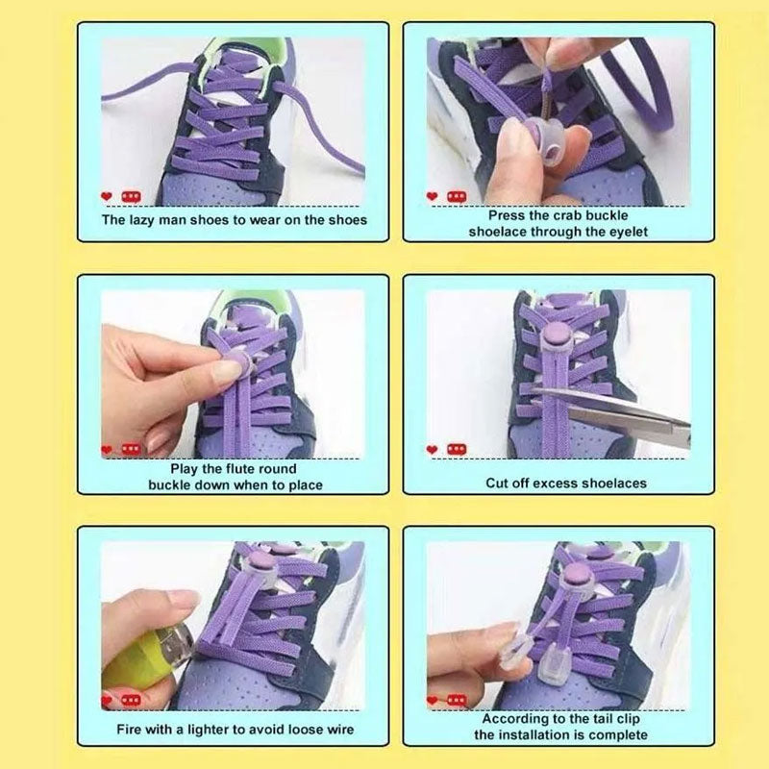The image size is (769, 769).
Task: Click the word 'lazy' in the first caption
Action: (x=157, y=219)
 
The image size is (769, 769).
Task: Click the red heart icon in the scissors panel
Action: (x=432, y=449)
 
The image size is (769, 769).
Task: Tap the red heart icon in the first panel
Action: (x=106, y=196)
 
